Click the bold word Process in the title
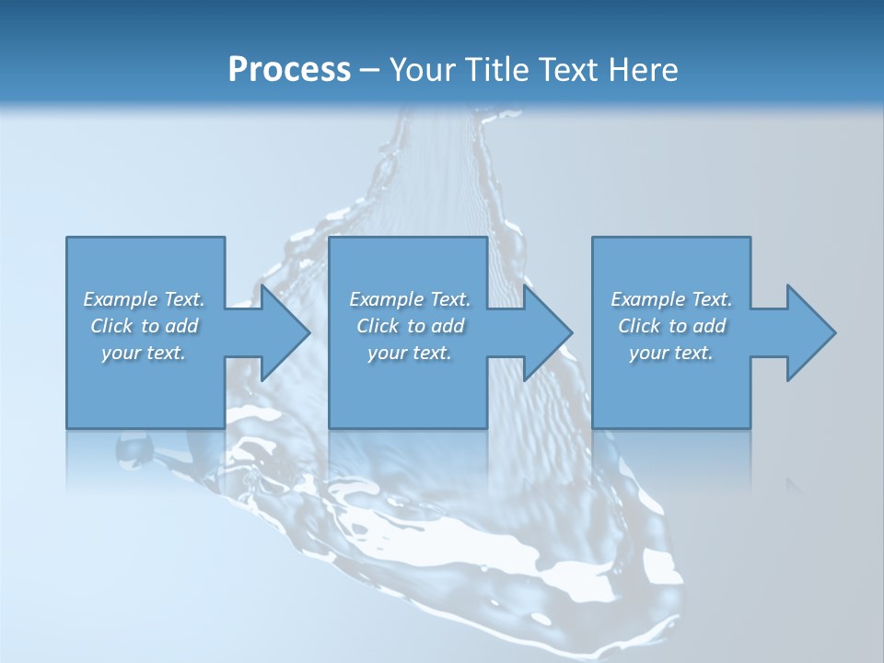289,70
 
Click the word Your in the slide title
424,70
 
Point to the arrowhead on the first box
282,332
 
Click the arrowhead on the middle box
545,332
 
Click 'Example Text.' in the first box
144,299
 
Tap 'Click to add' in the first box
144,326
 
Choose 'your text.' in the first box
144,353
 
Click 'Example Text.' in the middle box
410,299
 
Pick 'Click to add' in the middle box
410,326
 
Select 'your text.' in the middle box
410,353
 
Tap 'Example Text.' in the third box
671,299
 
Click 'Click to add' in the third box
671,326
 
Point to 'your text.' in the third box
671,353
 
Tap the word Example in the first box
121,299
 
